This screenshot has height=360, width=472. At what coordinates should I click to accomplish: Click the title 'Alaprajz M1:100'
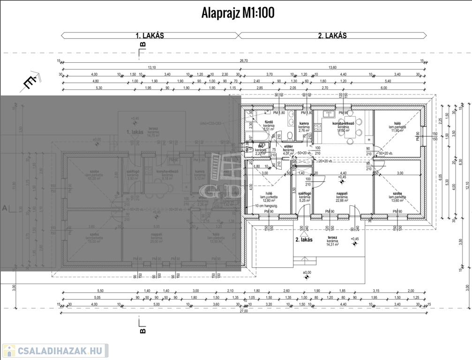238,13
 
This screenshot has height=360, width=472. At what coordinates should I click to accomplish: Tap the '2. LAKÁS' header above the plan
332,36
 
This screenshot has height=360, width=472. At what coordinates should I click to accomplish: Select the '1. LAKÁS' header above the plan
150,36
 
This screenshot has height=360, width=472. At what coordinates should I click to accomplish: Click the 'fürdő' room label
269,123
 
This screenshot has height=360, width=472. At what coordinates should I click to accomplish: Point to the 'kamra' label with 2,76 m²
304,124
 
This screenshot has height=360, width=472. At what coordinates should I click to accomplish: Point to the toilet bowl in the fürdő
290,135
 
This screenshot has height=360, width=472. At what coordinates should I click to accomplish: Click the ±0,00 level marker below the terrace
307,272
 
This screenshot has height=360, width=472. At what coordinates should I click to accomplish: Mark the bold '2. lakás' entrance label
304,239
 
